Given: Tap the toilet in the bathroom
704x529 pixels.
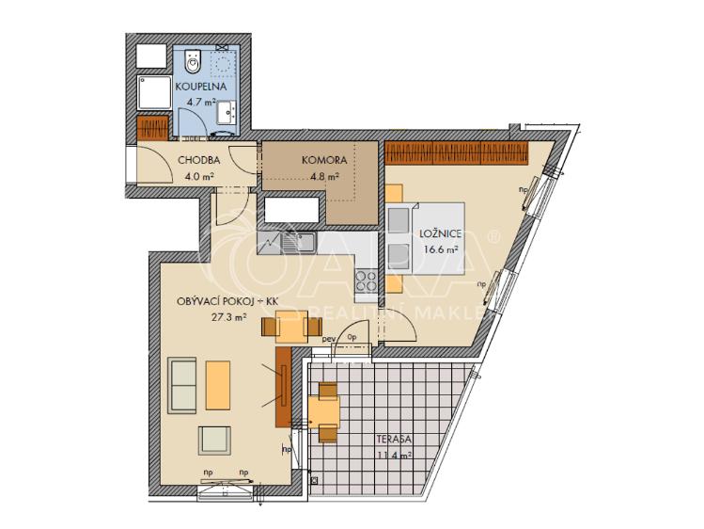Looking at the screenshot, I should pos(194,63).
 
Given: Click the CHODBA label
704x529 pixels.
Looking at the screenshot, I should pos(197,160).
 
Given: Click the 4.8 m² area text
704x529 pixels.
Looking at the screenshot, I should pos(323,175).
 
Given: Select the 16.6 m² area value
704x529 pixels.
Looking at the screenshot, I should pos(439,250).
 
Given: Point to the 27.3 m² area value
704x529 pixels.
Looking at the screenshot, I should pos(228,317).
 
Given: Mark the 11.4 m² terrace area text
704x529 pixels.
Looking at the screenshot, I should pos(396,457).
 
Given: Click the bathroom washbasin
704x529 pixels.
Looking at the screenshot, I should pos(229,114).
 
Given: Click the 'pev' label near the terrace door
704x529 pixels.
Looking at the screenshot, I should pos(329,337).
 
